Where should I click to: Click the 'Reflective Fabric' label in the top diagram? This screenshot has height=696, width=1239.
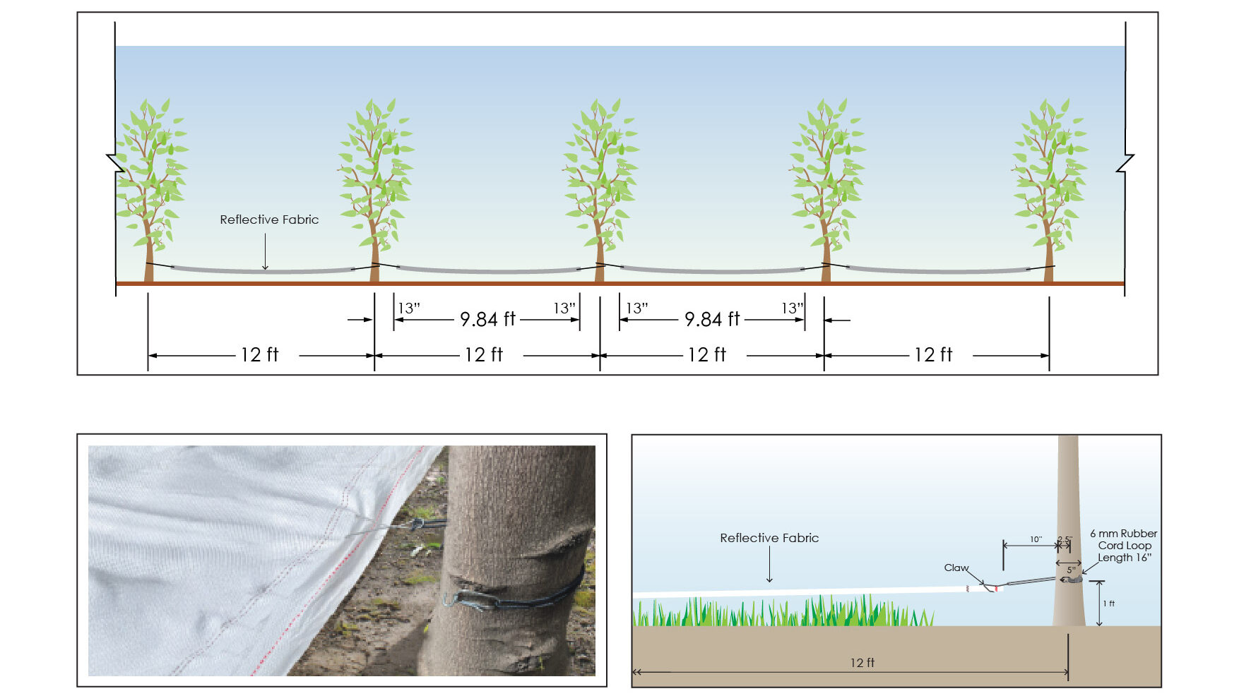[269, 220]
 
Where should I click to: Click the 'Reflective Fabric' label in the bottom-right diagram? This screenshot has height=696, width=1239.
[769, 538]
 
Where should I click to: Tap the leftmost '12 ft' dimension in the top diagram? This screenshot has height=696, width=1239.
[260, 354]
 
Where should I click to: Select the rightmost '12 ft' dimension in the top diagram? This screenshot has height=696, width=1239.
[933, 354]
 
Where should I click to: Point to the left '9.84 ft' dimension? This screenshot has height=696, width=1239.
[487, 319]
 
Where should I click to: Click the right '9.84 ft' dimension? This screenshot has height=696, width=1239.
[712, 319]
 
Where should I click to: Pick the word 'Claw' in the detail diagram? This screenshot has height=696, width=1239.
[956, 568]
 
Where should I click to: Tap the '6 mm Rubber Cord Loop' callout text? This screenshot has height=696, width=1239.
[1124, 546]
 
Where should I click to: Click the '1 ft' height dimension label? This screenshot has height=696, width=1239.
[1109, 604]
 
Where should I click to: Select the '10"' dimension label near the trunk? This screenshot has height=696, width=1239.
[1036, 539]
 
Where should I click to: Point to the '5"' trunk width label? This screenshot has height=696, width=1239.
[1071, 570]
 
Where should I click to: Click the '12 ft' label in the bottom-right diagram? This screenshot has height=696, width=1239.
[862, 663]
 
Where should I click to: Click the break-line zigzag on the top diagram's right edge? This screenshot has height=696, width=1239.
[1125, 162]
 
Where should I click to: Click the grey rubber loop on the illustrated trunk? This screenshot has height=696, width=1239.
[1072, 580]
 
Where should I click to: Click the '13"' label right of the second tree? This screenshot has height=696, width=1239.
[409, 308]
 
